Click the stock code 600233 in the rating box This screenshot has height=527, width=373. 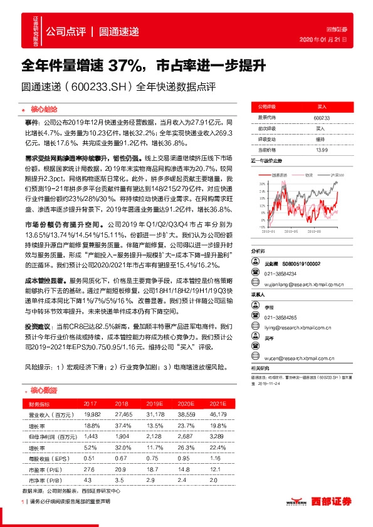322,117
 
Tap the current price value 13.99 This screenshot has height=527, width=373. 322,150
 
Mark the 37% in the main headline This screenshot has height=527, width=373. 125,65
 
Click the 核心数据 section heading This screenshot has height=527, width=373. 43,390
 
